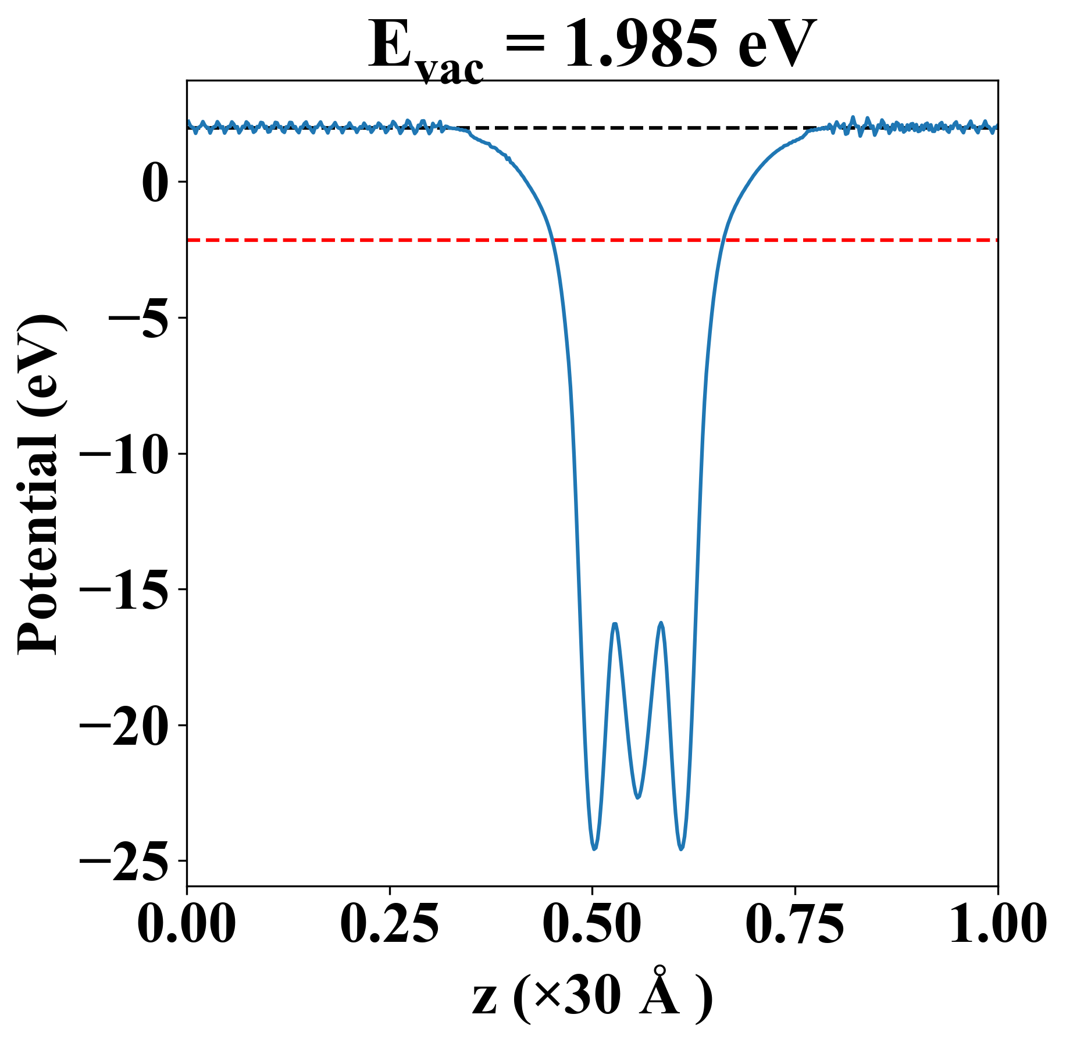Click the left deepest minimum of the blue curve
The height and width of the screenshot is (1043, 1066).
594,848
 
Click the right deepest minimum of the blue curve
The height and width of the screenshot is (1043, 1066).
682,848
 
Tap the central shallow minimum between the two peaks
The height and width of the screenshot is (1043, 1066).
638,797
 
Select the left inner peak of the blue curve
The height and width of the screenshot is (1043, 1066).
614,624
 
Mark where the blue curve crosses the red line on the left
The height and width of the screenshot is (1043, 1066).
552,240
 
